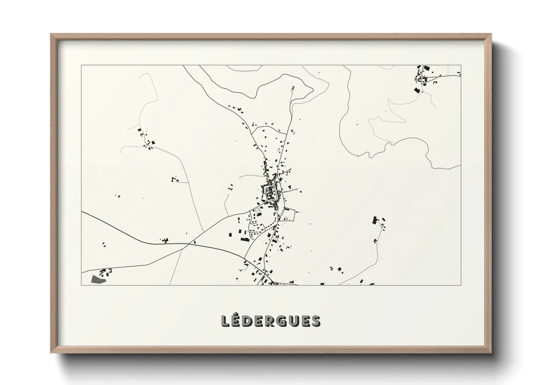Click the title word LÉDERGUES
tap(271, 321)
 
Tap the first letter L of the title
tap(225, 321)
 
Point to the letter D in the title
tap(249, 321)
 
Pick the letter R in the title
tap(272, 321)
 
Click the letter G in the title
tap(284, 321)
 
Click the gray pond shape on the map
tap(98, 279)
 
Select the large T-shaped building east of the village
tap(375, 220)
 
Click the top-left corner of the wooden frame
tap(51, 34)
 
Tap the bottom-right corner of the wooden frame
tap(491, 353)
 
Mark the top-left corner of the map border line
tap(81, 66)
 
